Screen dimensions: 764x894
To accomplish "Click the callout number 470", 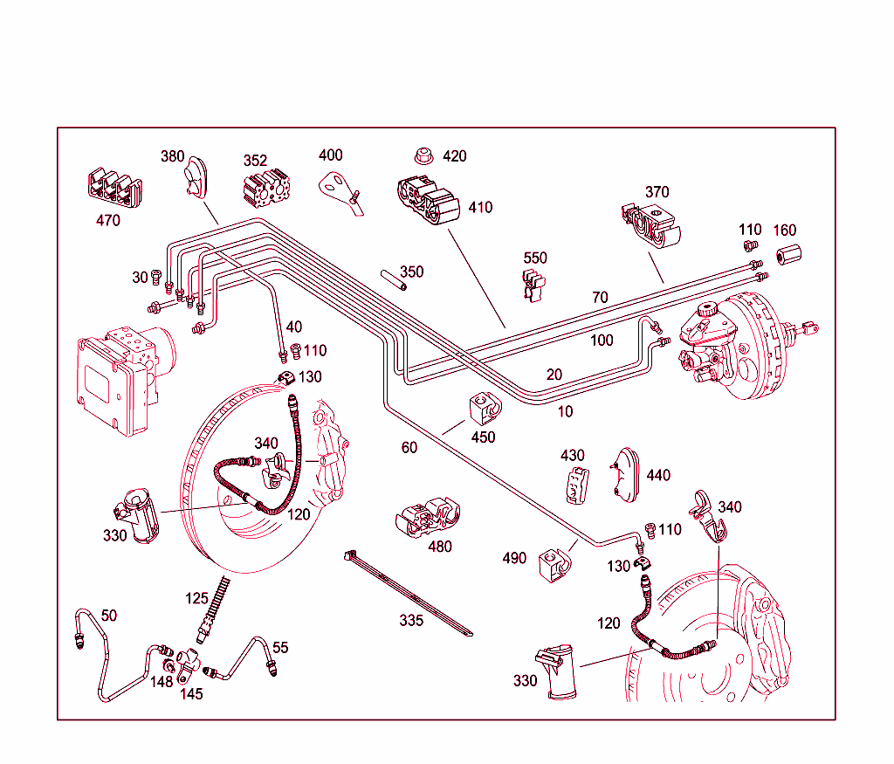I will (x=108, y=221).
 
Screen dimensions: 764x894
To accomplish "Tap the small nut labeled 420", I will (x=423, y=157).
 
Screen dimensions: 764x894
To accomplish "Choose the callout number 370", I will (x=657, y=192).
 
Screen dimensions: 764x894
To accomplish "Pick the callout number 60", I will (x=409, y=448).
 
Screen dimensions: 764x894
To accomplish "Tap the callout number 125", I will (x=197, y=598).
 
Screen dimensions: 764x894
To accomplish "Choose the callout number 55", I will (x=279, y=648).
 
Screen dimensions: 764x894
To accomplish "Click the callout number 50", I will (x=108, y=616).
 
